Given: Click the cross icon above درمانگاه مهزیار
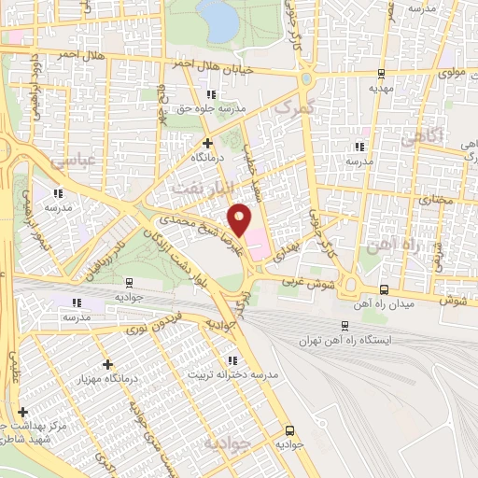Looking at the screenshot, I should pos(108,363).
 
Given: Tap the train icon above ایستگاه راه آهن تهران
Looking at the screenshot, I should pos(345,326).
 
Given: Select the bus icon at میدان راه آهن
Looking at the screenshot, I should pos(385,289).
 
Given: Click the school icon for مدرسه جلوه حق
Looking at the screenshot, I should pos(211,94).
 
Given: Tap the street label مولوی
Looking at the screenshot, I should pos(452,72).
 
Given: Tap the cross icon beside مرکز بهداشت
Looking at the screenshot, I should pos(22,412).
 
